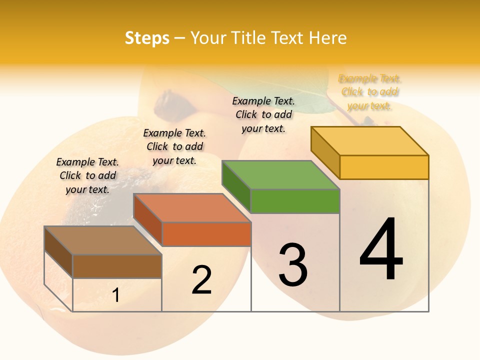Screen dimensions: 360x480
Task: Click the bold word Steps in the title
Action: (x=147, y=38)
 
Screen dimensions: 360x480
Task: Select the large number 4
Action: (x=381, y=249)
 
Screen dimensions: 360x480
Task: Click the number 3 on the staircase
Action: (x=293, y=265)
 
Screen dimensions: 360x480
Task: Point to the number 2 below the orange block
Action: (x=202, y=280)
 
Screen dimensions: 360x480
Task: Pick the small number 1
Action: (x=116, y=295)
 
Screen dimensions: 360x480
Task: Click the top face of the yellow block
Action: (x=370, y=140)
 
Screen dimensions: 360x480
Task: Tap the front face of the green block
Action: (x=294, y=201)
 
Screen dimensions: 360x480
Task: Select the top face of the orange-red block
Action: (x=191, y=207)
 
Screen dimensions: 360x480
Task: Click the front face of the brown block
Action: (x=117, y=266)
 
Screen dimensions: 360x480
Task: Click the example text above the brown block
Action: (x=87, y=175)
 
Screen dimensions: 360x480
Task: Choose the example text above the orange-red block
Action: (x=174, y=146)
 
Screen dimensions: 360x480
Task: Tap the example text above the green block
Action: (x=263, y=114)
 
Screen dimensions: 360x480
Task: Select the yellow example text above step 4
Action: (x=370, y=92)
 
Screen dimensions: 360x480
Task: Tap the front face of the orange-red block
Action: (x=206, y=234)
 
